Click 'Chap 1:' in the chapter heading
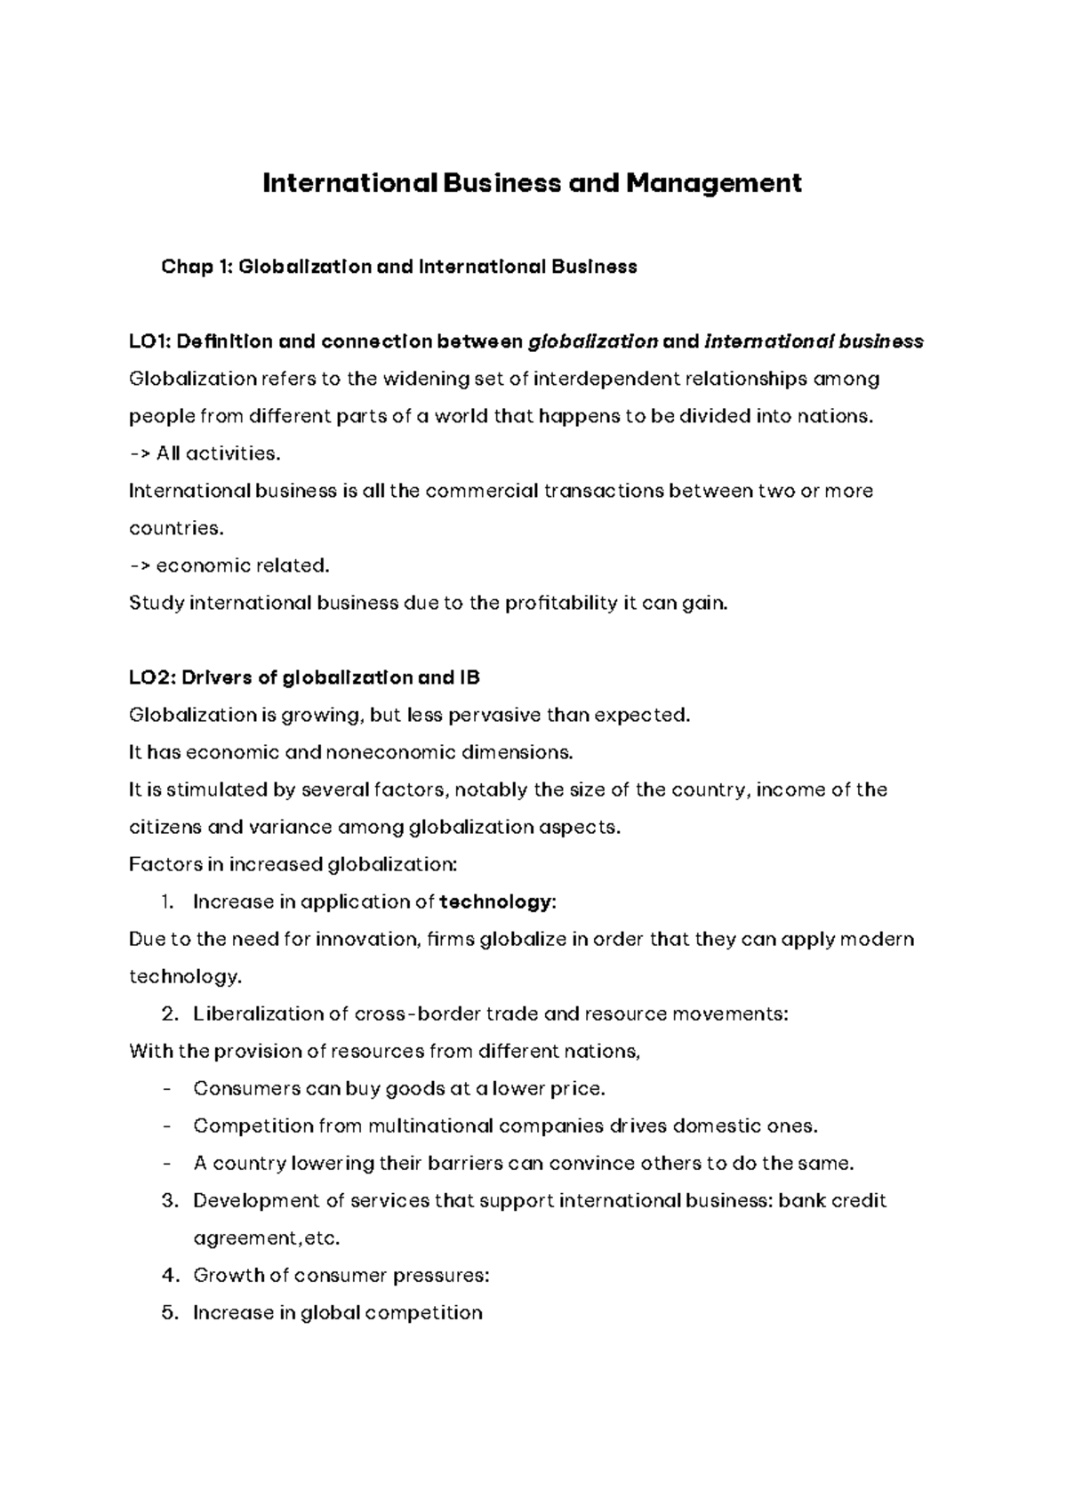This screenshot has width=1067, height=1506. click(x=196, y=267)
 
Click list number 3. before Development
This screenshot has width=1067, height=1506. click(x=171, y=1200)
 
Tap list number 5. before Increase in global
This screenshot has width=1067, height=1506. click(x=171, y=1312)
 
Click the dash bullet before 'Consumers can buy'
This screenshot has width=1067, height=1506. click(x=168, y=1088)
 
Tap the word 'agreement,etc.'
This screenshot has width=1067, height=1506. click(x=267, y=1238)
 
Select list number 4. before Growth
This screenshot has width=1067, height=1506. click(x=171, y=1275)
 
